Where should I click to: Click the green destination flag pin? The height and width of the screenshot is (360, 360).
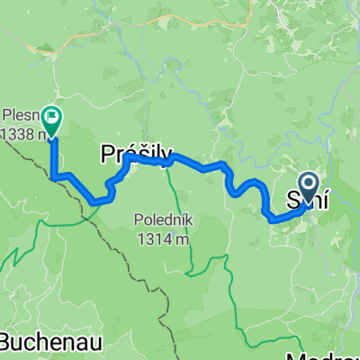click(52, 121)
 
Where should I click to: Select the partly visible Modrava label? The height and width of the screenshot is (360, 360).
click(333, 353)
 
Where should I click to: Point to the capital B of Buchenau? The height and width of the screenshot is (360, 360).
click(6, 343)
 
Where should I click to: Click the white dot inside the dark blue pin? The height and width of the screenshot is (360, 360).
click(308, 184)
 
